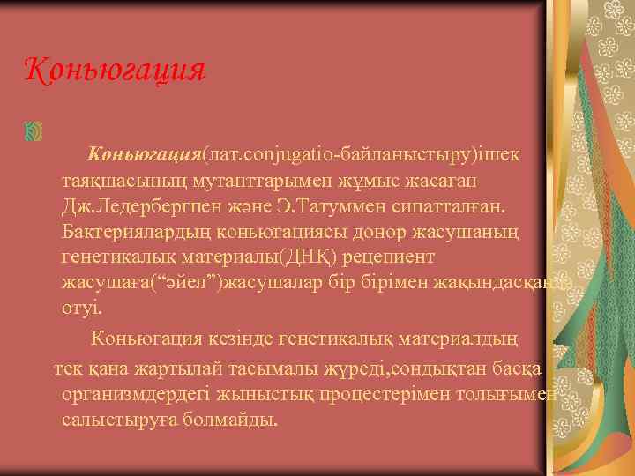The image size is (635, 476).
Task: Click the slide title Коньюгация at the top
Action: point(114,69)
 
